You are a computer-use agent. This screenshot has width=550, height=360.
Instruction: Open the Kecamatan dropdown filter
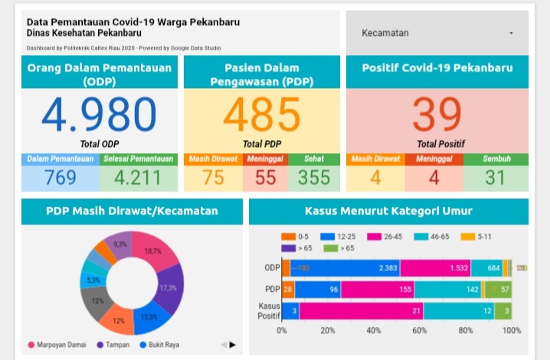tap(437, 33)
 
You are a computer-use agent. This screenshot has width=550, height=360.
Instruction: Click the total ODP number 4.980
tap(99, 116)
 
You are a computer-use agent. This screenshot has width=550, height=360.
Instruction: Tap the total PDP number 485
tap(262, 116)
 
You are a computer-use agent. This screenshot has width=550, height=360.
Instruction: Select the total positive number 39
tap(437, 116)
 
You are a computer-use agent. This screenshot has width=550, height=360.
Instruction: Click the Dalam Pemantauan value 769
tap(60, 178)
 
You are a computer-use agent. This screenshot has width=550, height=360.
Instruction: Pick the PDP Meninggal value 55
tap(265, 178)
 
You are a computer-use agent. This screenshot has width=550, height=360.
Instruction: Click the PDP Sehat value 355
tap(314, 178)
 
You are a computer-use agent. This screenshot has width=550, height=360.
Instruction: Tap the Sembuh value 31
tap(496, 178)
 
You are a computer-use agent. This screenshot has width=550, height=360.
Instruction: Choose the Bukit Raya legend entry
tap(161, 345)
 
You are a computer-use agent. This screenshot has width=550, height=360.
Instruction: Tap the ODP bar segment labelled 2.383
tap(345, 267)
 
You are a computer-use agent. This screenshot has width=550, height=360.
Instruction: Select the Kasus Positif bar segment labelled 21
tap(361, 310)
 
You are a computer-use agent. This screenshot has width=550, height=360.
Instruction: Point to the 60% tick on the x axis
tap(420, 331)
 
